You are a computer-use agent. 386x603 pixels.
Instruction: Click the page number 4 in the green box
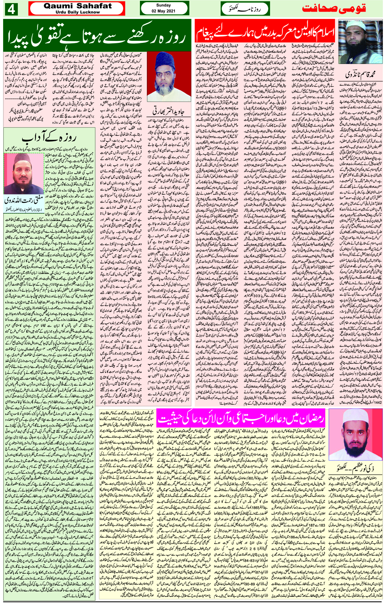[x=11, y=9]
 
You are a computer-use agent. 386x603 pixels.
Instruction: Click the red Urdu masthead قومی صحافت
[x=334, y=9]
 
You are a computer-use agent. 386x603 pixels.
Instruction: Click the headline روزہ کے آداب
[x=49, y=138]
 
